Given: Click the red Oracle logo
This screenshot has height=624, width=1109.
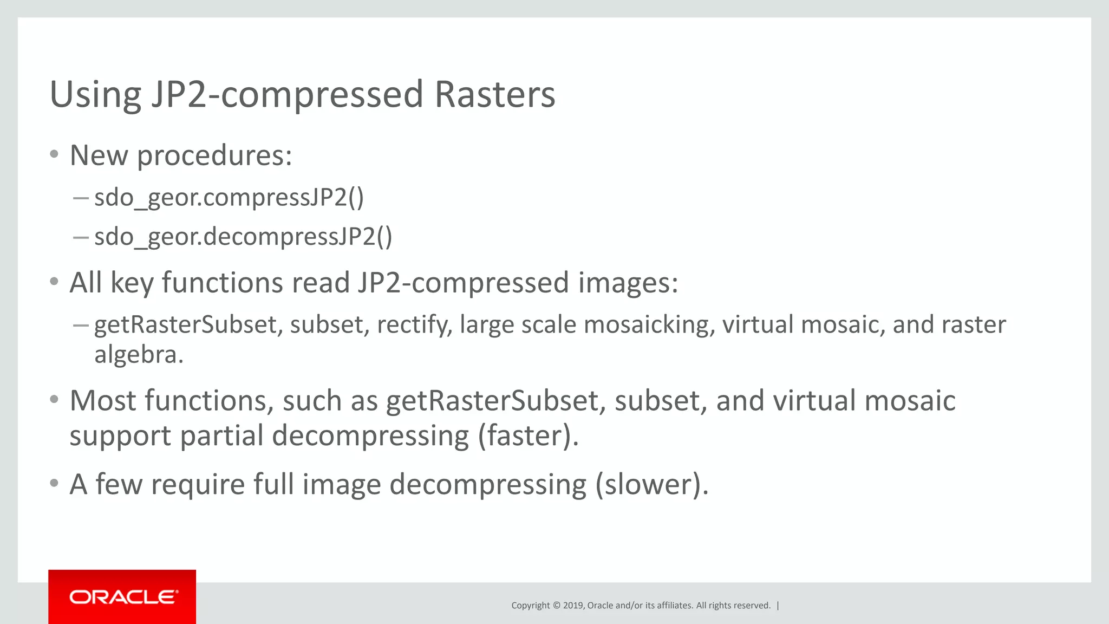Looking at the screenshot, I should click(122, 596).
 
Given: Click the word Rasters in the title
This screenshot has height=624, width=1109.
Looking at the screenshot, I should click(494, 94).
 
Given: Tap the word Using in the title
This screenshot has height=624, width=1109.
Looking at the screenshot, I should click(95, 95).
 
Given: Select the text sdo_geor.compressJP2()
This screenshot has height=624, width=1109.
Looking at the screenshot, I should click(229, 197).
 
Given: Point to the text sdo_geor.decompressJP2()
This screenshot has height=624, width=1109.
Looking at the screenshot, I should click(243, 237).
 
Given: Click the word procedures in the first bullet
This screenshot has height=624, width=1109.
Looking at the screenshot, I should click(214, 156).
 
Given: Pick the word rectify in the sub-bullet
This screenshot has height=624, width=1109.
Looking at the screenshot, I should click(414, 325).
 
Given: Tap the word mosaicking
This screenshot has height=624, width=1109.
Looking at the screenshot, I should click(647, 325).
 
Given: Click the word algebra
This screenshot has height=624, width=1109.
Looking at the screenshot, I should click(139, 355).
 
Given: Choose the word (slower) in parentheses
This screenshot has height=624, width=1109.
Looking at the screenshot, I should click(651, 484).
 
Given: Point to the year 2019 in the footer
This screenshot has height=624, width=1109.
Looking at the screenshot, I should click(573, 606).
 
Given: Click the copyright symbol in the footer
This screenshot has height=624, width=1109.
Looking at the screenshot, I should click(556, 606).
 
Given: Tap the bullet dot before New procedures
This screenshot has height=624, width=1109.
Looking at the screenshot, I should click(54, 154).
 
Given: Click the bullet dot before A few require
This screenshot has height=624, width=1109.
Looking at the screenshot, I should click(54, 483).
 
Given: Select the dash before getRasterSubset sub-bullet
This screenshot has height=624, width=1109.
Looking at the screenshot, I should click(81, 325).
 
